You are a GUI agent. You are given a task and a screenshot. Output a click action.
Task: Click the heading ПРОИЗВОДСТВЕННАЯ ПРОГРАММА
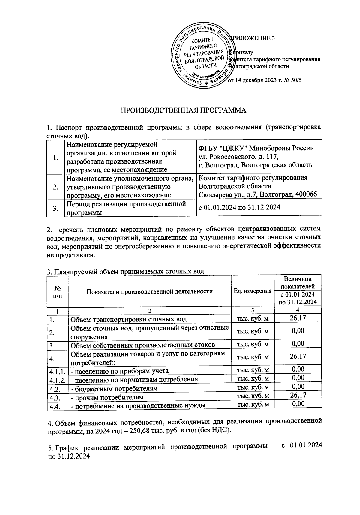(183, 110)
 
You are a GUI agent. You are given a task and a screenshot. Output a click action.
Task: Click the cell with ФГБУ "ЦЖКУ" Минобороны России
(256, 148)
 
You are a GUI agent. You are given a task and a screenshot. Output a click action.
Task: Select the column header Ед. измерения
(253, 291)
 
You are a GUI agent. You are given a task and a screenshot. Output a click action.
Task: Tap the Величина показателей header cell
(298, 282)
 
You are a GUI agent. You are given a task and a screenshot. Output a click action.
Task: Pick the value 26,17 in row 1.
(298, 318)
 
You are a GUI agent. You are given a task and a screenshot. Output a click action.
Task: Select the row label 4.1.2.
(58, 380)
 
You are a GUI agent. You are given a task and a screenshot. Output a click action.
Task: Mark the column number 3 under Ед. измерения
(253, 310)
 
